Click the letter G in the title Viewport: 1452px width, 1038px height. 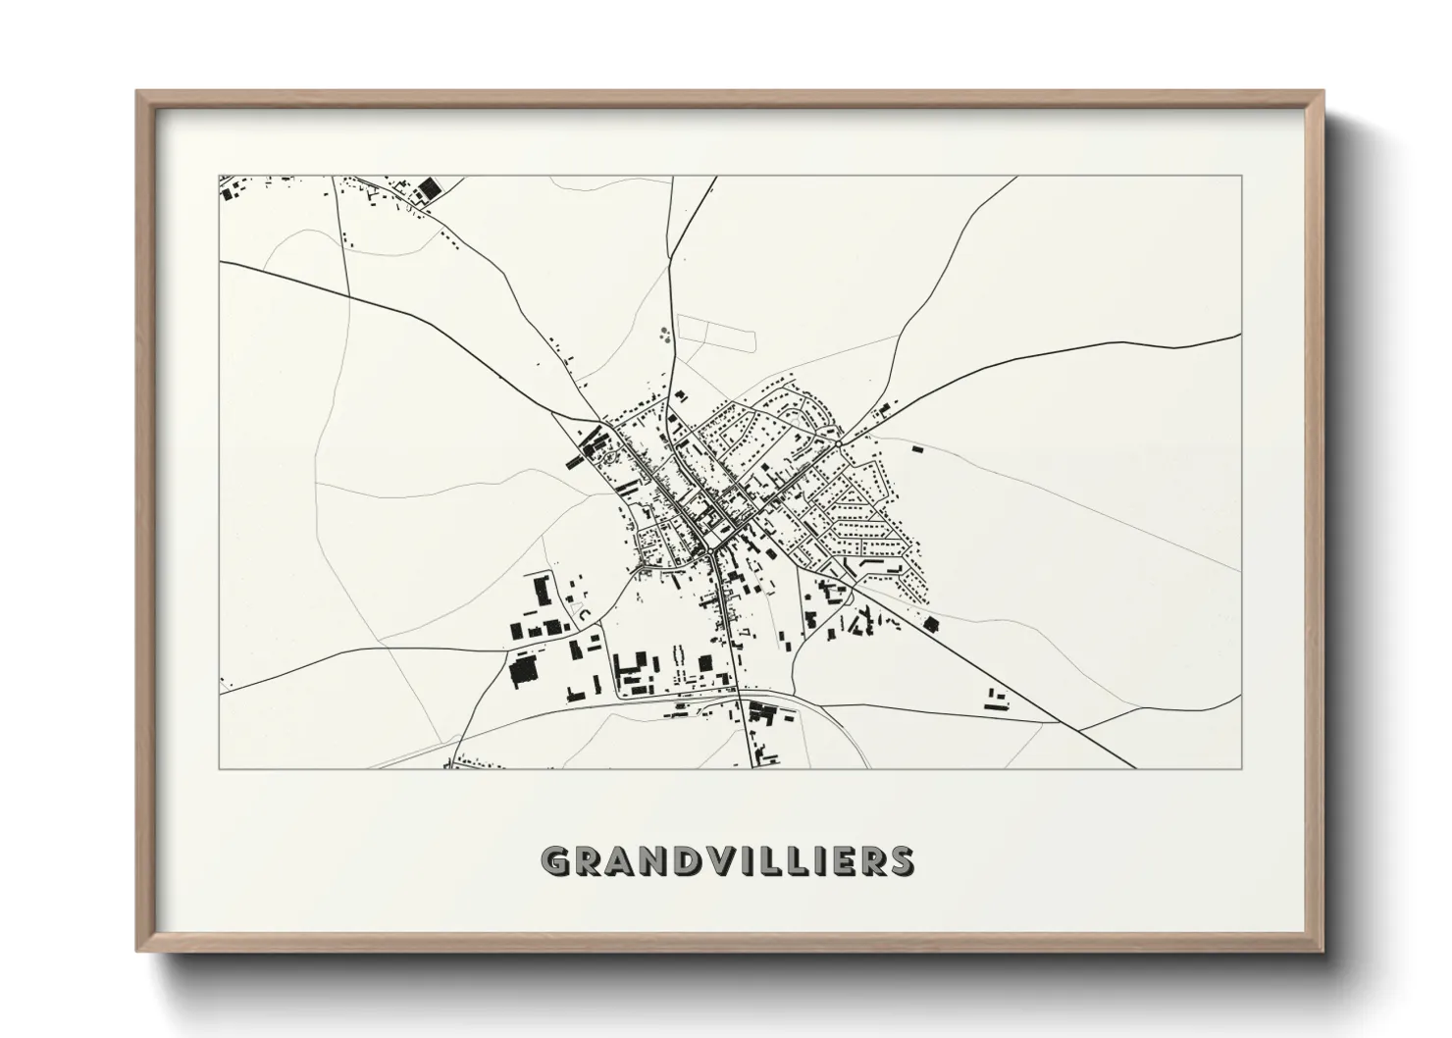[x=555, y=861]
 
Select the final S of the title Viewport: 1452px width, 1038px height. [x=900, y=861]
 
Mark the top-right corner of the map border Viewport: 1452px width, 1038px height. [x=1242, y=177]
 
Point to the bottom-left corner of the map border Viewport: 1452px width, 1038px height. [x=220, y=768]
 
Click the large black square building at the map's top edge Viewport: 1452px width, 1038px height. [x=428, y=187]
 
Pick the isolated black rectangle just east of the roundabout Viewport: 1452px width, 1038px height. [x=917, y=448]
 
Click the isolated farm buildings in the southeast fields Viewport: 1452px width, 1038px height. [x=996, y=699]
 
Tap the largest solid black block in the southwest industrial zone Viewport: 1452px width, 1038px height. [x=524, y=670]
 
